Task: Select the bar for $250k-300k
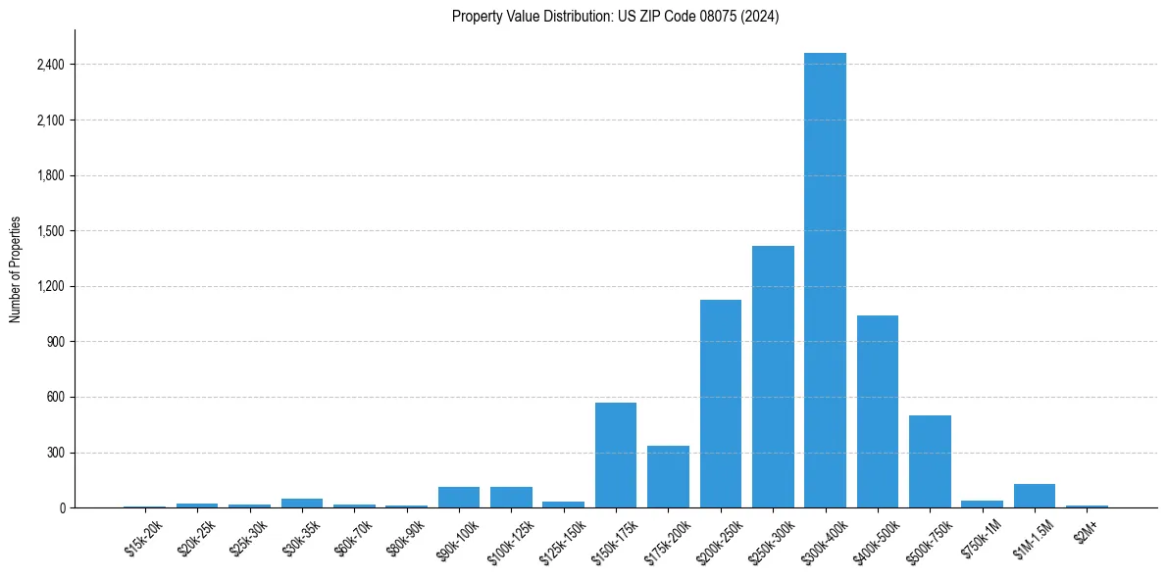tap(773, 377)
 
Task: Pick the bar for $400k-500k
tap(878, 411)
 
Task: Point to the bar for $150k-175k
tap(616, 456)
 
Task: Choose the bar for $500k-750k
tap(930, 461)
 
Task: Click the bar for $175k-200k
tap(668, 477)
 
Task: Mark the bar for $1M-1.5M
tap(1034, 496)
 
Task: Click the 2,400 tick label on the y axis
tap(49, 65)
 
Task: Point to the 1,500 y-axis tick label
tap(49, 231)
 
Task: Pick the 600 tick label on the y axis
tap(55, 398)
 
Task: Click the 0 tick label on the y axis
tap(62, 508)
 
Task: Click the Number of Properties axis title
tap(16, 269)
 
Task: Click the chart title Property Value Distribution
tap(616, 16)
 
